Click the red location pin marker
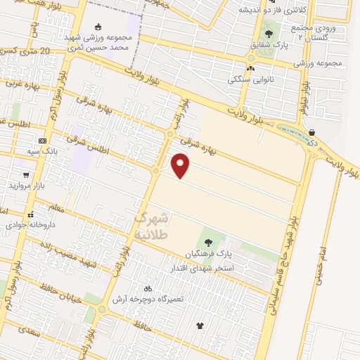tap(181, 165)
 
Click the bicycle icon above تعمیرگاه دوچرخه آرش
tap(147, 288)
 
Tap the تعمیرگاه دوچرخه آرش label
tap(151, 299)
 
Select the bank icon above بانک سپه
tap(42, 141)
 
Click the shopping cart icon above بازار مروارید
tap(26, 175)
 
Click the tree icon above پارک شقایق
tap(268, 33)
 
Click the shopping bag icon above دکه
tap(311, 131)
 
